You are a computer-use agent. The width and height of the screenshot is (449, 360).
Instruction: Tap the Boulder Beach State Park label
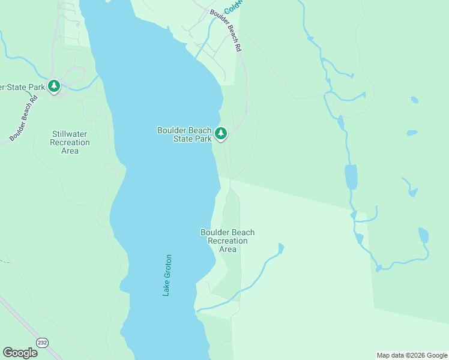184,134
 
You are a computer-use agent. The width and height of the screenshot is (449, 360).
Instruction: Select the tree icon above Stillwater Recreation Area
54,87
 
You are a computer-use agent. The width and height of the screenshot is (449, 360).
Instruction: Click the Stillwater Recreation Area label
70,142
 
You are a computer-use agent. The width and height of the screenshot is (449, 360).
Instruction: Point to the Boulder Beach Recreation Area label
227,241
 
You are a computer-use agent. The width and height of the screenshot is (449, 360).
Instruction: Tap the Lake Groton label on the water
167,275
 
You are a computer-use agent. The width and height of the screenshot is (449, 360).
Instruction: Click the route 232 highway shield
42,342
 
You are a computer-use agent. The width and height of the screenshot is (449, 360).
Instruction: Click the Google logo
20,353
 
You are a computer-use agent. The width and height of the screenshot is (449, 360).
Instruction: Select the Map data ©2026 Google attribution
412,355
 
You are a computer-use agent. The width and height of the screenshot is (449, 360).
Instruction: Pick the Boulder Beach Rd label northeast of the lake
226,31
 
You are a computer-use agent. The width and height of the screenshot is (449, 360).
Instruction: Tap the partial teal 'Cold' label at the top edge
231,8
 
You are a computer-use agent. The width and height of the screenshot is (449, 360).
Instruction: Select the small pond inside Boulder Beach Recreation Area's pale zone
280,248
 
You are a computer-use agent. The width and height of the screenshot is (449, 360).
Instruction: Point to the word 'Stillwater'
70,134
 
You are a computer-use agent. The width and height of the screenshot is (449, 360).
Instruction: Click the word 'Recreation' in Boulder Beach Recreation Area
228,241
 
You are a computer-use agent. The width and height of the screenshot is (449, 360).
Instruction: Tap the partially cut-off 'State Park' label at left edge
23,87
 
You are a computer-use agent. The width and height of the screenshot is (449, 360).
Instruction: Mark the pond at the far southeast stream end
423,235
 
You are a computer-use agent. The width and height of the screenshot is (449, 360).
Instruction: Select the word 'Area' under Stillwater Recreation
70,151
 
